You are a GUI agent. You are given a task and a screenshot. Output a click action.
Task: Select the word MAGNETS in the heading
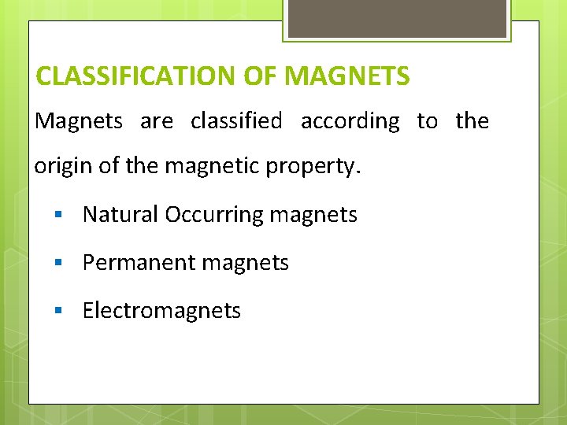tap(347, 76)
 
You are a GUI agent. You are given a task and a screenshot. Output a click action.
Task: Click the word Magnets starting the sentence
tap(79, 121)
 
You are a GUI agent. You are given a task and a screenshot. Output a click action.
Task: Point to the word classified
tap(236, 121)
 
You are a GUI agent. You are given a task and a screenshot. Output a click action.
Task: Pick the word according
tap(350, 121)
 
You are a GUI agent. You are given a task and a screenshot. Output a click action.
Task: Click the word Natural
tap(120, 214)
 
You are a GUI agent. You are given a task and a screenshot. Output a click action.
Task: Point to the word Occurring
tap(214, 215)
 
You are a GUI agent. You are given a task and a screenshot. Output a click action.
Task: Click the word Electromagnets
tap(161, 310)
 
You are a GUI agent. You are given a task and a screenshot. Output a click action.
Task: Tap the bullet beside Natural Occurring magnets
tap(58, 215)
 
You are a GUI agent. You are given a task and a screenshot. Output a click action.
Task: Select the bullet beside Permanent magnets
tap(58, 263)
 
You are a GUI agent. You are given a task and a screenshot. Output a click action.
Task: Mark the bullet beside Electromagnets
tap(58, 311)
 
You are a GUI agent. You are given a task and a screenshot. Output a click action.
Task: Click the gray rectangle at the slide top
tap(397, 17)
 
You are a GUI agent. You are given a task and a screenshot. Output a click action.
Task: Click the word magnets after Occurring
tap(314, 215)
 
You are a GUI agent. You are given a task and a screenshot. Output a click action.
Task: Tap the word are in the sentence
tap(157, 122)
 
